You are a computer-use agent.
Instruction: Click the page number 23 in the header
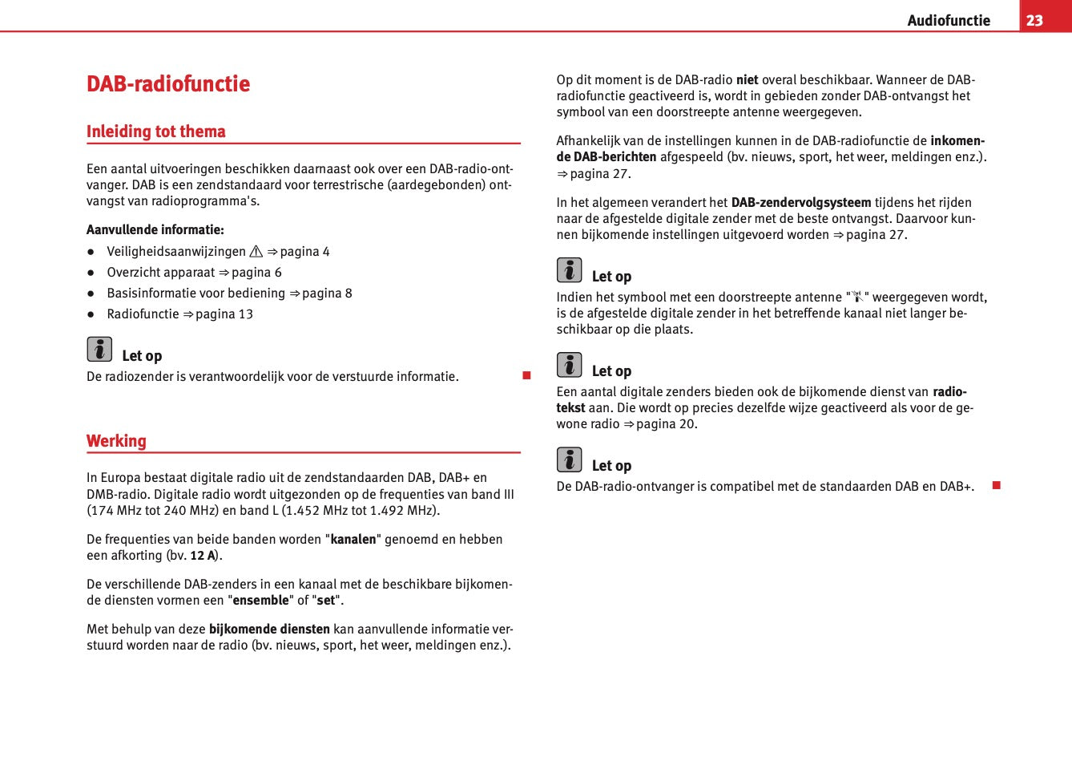coord(1034,20)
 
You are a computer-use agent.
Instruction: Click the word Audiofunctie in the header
coord(949,21)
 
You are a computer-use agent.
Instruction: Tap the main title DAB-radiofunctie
coord(168,84)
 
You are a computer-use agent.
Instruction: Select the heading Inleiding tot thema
coord(156,132)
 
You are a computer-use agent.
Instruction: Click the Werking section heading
coord(117,441)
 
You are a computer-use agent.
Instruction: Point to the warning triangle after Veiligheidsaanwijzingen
coord(256,252)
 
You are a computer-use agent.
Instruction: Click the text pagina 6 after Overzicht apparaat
coord(256,273)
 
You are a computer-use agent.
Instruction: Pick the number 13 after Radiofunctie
coord(245,314)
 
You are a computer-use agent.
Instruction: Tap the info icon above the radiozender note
coord(99,350)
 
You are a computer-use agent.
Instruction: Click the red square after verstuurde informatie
coord(526,375)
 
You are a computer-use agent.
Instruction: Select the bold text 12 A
coord(203,556)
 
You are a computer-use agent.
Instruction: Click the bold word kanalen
coord(353,540)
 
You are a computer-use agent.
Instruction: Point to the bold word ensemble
coord(260,601)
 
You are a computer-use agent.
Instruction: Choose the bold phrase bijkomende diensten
coord(269,629)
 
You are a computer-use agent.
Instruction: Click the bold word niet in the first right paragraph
coord(747,80)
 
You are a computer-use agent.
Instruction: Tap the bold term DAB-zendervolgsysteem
coord(801,203)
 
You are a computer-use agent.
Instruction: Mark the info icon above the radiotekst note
coord(569,365)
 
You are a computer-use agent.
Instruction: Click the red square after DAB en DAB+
coord(997,485)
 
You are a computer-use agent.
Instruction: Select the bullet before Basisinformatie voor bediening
coord(91,293)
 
